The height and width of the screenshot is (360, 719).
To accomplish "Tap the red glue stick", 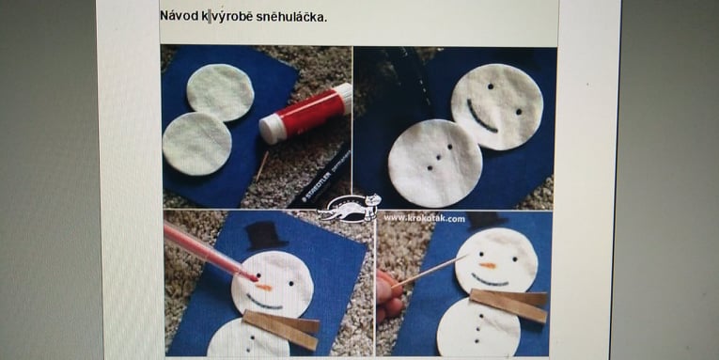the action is click(x=305, y=113).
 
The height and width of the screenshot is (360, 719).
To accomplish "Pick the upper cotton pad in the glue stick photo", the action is click(x=220, y=92).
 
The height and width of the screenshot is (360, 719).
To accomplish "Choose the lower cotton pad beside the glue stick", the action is click(x=196, y=144).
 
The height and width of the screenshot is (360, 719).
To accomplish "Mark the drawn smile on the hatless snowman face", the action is click(x=480, y=117).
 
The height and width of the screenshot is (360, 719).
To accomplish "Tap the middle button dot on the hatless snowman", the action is click(x=439, y=157).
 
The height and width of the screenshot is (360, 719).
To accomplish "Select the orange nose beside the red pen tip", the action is click(x=263, y=287).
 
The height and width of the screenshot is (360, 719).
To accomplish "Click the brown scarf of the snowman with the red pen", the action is click(x=281, y=329).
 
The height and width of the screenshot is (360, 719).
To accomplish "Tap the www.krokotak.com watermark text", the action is click(x=424, y=218).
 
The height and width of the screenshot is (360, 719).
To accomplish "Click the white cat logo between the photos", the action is click(x=350, y=209).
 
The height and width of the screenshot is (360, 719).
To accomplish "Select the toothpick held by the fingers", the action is click(x=429, y=272).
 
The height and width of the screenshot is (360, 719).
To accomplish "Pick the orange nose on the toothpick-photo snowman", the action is click(x=488, y=265).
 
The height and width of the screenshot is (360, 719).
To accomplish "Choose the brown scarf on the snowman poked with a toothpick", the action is click(x=509, y=305).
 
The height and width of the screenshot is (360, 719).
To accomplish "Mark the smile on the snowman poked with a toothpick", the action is click(x=490, y=280).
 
